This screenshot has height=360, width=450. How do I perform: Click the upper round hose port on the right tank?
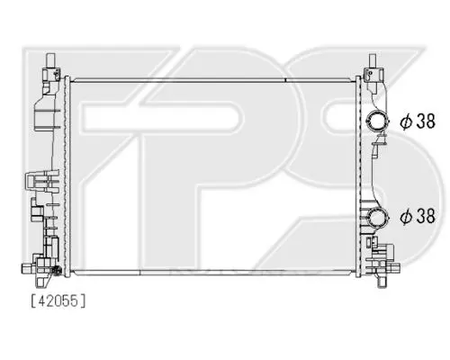(378, 121)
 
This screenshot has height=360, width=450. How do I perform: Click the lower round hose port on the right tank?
(378, 217)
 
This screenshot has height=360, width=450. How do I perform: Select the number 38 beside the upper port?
(426, 121)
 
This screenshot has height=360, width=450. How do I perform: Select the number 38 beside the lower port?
(426, 216)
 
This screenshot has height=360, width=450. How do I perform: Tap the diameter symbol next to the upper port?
(406, 121)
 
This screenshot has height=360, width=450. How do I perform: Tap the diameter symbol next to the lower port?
(406, 216)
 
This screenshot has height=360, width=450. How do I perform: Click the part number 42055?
(58, 301)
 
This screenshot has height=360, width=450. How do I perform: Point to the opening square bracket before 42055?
(33, 301)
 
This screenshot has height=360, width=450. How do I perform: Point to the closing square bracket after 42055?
(83, 301)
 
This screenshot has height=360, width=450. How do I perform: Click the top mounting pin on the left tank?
(50, 61)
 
